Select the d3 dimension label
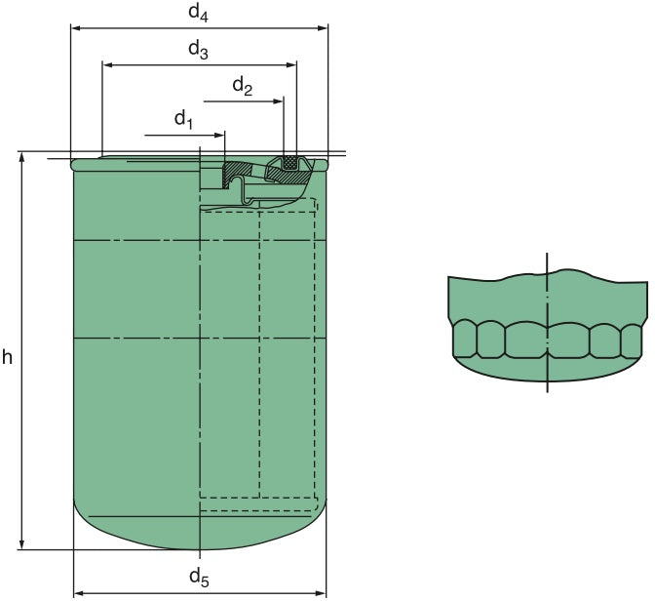pos(197,51)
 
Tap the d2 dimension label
pos(243,86)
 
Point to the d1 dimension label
pos(184,119)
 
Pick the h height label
pos(8,358)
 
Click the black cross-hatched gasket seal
pos(289,165)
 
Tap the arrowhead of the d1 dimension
pos(219,134)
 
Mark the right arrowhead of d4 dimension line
pos(324,28)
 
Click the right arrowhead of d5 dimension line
pos(322,592)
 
